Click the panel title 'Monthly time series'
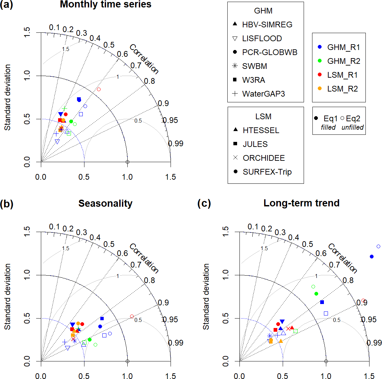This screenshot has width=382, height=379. [105, 4]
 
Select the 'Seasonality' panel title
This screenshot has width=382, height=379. [105, 203]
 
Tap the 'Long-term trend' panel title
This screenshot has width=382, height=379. [301, 203]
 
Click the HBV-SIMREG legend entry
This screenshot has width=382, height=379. [267, 25]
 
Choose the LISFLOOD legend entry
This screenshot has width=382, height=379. [262, 39]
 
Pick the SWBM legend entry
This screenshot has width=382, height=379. [254, 66]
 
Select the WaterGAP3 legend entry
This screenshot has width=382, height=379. [263, 94]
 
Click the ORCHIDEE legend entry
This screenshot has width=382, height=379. [263, 158]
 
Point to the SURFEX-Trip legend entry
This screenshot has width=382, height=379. [267, 172]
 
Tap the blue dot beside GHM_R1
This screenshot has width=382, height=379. [320, 47]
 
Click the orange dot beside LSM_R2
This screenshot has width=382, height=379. [320, 89]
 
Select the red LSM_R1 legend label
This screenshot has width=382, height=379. [342, 75]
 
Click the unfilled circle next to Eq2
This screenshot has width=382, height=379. [342, 119]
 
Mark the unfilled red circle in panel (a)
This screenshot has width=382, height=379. [99, 90]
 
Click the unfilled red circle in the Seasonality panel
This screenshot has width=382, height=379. [132, 317]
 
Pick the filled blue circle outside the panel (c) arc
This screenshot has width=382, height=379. [372, 257]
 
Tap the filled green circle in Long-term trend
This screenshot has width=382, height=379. [316, 294]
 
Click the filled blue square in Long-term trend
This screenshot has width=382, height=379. [322, 302]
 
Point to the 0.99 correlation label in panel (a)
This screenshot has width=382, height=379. [176, 144]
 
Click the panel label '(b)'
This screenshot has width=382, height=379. [7, 204]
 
